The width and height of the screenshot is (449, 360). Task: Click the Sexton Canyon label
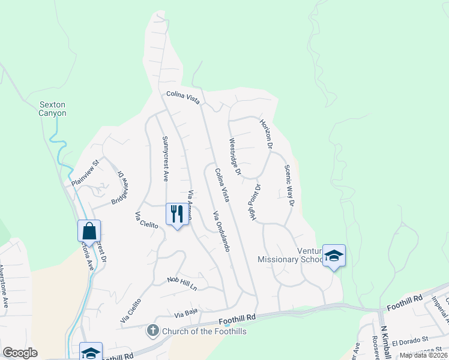coord(52,108)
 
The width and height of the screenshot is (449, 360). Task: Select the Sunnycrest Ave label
coord(165,158)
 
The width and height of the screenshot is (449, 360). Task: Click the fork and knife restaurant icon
coord(177,214)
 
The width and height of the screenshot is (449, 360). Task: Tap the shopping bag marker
coord(89,231)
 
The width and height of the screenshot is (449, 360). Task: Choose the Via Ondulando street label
coord(220,231)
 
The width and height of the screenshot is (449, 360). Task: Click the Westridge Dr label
coord(234,157)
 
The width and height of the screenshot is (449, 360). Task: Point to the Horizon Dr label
coord(266,134)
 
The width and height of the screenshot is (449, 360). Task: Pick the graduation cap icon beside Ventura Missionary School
coord(333,256)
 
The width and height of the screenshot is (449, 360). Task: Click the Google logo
coord(20,353)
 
